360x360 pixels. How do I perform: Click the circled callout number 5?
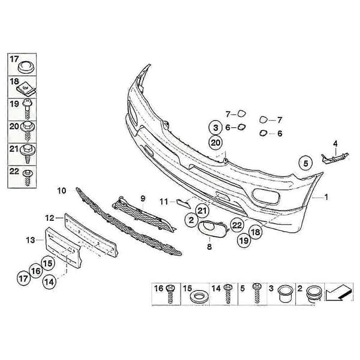(x=305, y=163)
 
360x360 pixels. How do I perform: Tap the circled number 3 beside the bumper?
(x=215, y=127)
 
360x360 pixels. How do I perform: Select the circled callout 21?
(x=202, y=211)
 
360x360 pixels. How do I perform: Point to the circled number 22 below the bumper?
(x=237, y=225)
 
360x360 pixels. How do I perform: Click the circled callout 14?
(x=49, y=282)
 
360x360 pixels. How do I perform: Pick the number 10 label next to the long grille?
(x=62, y=191)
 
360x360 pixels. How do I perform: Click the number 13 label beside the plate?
(x=31, y=240)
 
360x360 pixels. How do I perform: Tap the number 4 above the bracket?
(x=335, y=144)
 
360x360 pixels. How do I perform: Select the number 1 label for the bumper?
(x=326, y=197)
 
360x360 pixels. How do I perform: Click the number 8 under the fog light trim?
(x=209, y=247)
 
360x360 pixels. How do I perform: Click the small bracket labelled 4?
(x=335, y=158)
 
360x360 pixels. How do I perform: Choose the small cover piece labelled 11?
(x=184, y=203)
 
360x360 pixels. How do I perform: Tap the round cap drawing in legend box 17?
(x=26, y=67)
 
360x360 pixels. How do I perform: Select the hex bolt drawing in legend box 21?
(x=28, y=154)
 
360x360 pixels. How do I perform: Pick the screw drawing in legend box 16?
(x=170, y=294)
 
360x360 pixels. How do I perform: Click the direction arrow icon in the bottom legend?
(x=338, y=293)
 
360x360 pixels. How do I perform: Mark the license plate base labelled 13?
(x=64, y=247)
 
